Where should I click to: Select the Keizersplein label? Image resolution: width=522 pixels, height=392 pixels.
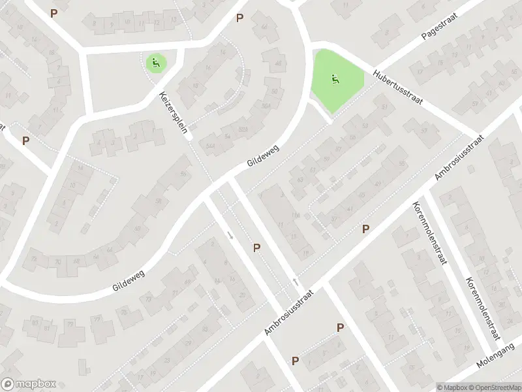pyautogui.click(x=174, y=112)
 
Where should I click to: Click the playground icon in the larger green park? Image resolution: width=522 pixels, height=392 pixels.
pyautogui.click(x=335, y=80)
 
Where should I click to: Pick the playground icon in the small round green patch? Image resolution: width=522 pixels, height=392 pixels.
pyautogui.click(x=155, y=63)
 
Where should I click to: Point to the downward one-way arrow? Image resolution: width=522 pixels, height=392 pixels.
pyautogui.click(x=230, y=234)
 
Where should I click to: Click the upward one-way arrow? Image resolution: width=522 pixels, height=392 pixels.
pyautogui.click(x=296, y=282)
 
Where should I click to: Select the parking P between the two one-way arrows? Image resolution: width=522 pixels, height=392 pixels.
pyautogui.click(x=257, y=248)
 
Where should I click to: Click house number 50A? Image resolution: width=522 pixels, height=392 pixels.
pyautogui.click(x=265, y=106)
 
